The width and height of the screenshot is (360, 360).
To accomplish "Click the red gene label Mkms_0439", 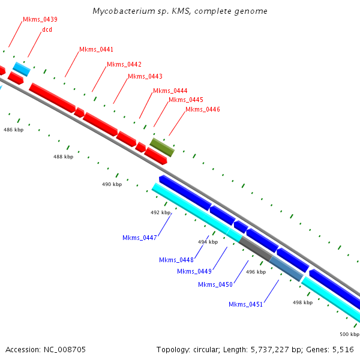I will click(x=40, y=19).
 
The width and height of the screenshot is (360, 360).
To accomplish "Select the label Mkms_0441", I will click(x=97, y=49).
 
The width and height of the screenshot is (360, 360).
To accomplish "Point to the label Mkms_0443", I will click(x=145, y=76).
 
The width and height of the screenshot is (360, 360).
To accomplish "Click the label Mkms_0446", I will click(x=203, y=109).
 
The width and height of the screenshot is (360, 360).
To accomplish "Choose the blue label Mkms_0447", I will click(x=140, y=238).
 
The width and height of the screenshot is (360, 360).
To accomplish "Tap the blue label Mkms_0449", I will click(x=194, y=271).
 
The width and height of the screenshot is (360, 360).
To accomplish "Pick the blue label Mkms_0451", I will click(x=246, y=304).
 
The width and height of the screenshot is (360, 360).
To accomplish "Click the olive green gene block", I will click(x=162, y=147).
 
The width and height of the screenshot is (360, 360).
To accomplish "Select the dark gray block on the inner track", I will click(x=255, y=248).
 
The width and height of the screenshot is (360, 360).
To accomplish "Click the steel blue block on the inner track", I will click(x=286, y=268).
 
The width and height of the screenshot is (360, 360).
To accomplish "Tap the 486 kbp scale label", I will click(x=13, y=130).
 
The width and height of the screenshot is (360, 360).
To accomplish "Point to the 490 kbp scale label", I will click(x=112, y=184).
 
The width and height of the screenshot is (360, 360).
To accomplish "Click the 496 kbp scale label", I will click(x=256, y=272).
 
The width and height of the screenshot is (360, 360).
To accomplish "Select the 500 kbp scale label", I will click(x=349, y=334).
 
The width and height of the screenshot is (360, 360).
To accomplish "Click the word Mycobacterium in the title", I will click(x=122, y=11).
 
